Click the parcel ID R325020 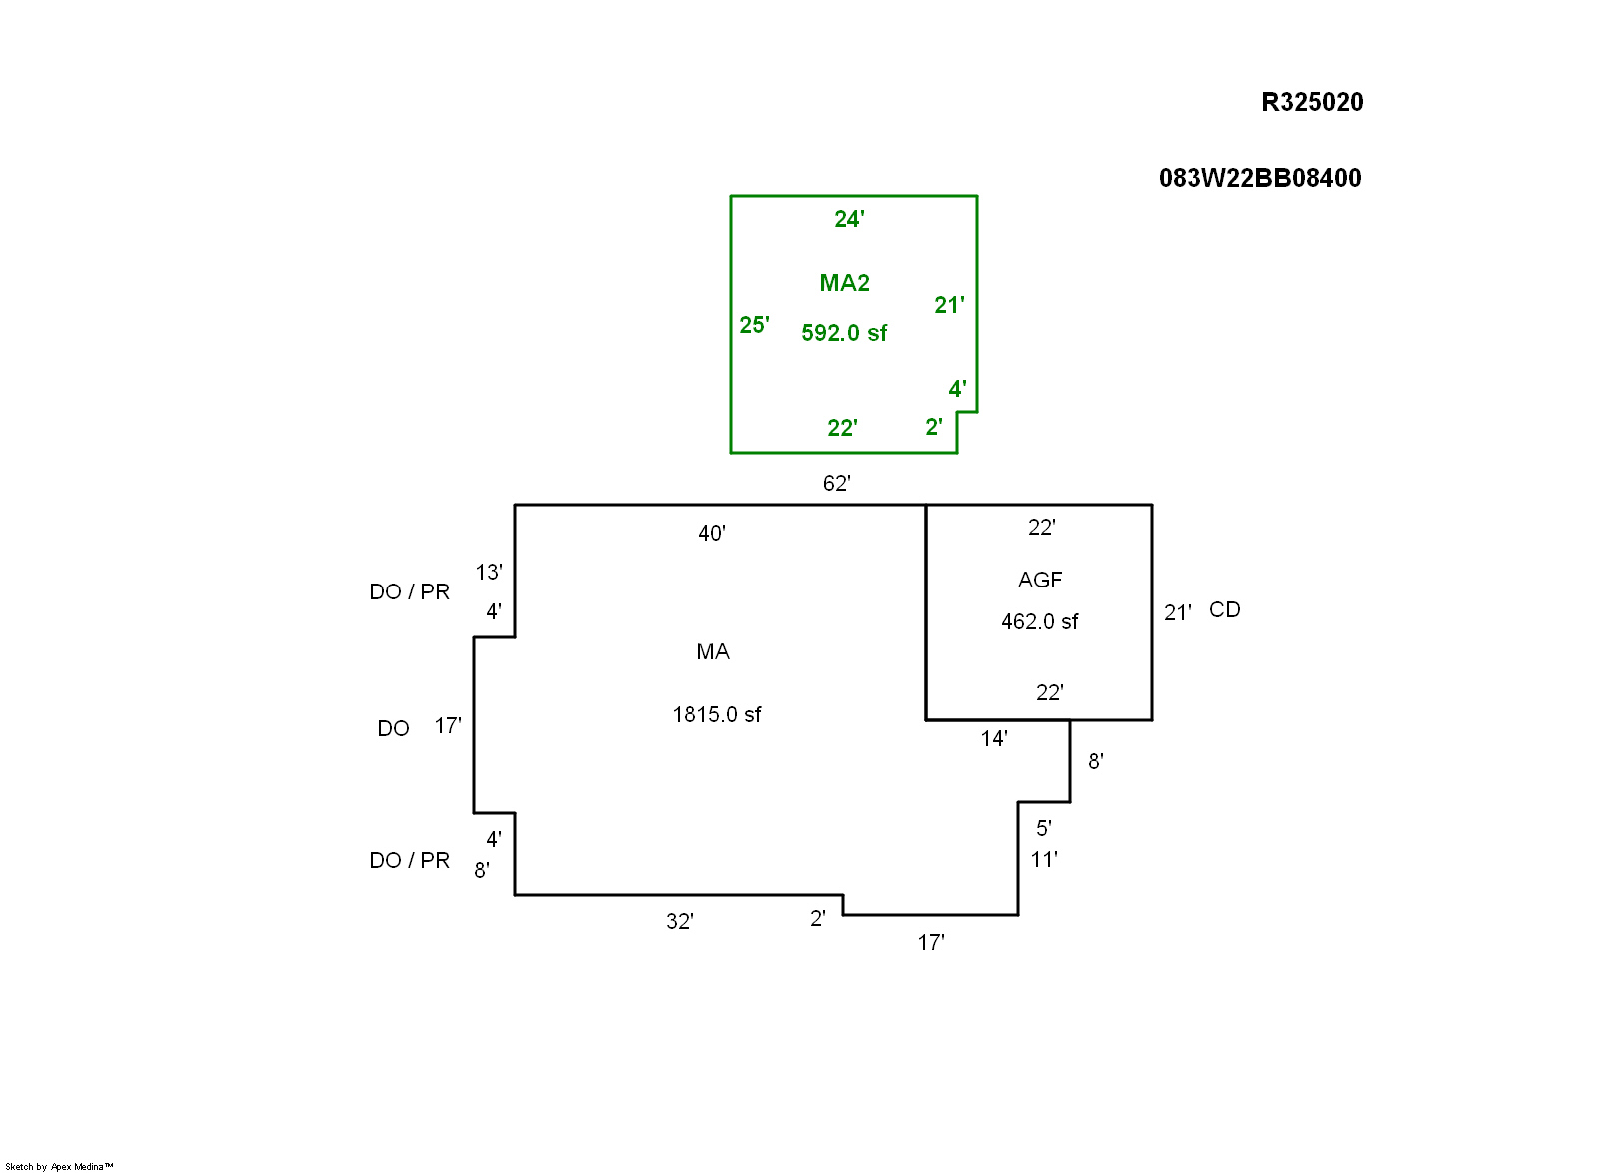tap(1311, 102)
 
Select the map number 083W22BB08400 tap(1259, 178)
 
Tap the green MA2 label tap(844, 283)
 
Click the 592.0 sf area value tap(843, 333)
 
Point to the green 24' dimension tap(849, 219)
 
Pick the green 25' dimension tap(754, 325)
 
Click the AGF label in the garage tap(1039, 580)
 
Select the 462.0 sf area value tap(1039, 621)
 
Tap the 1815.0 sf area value tap(716, 714)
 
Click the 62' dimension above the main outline tap(836, 484)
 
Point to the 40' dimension tap(711, 534)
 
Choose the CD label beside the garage tap(1224, 610)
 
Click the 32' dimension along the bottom tap(679, 922)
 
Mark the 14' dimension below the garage tap(993, 739)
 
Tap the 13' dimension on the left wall tap(488, 573)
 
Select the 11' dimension tap(1043, 860)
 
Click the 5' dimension tap(1043, 828)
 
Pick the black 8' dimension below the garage tap(1095, 762)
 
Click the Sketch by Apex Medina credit tap(59, 1166)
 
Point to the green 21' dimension tap(949, 305)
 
